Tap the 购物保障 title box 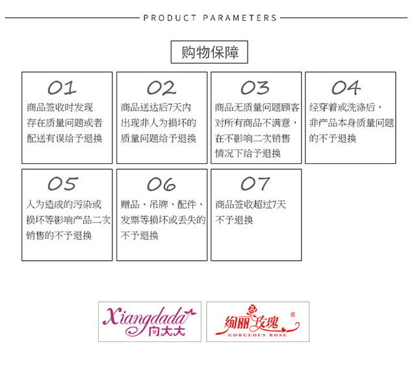pyautogui.click(x=209, y=53)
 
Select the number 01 pyautogui.click(x=62, y=88)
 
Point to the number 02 pyautogui.click(x=161, y=88)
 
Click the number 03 pyautogui.click(x=255, y=88)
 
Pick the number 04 pyautogui.click(x=346, y=88)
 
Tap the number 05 pyautogui.click(x=62, y=184)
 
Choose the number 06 pyautogui.click(x=161, y=184)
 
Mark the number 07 pyautogui.click(x=255, y=184)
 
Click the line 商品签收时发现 pyautogui.click(x=60, y=107)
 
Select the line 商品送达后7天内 pyautogui.click(x=156, y=107)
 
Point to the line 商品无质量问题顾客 pyautogui.click(x=257, y=107)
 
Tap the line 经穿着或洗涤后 pyautogui.click(x=344, y=107)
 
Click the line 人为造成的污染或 pyautogui.click(x=64, y=204)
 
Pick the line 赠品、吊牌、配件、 pyautogui.click(x=163, y=204)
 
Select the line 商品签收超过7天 pyautogui.click(x=250, y=204)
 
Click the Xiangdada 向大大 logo pyautogui.click(x=149, y=321)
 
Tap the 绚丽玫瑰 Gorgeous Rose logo pyautogui.click(x=257, y=321)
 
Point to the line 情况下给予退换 pyautogui.click(x=248, y=153)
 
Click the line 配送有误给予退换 pyautogui.click(x=64, y=138)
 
